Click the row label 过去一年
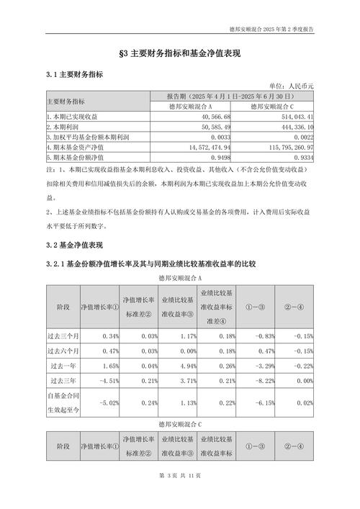click(63, 366)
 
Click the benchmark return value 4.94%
click(176, 366)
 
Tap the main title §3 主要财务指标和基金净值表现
click(180, 54)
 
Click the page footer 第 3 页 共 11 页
click(179, 496)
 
